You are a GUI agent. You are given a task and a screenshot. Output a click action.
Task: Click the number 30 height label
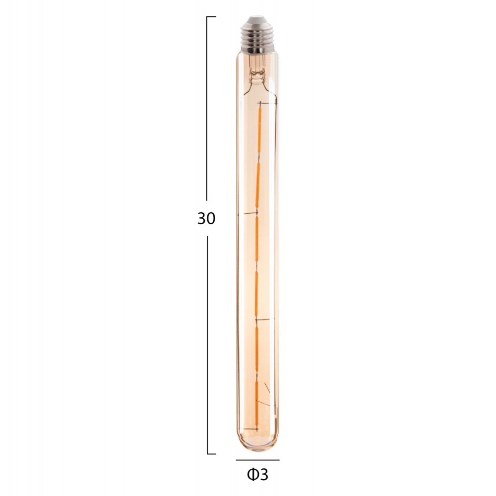[206, 219]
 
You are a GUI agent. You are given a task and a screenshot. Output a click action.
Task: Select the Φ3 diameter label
[257, 475]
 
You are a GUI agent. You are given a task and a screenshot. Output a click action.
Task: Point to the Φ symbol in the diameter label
[252, 475]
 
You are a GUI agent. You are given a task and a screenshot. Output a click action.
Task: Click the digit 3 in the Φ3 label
[263, 475]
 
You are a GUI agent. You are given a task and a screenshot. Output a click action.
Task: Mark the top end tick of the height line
[211, 17]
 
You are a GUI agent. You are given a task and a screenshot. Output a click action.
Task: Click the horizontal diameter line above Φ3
[257, 460]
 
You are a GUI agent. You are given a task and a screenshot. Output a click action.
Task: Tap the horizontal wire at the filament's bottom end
[250, 429]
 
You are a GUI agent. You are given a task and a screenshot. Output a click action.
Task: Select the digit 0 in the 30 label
[212, 219]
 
